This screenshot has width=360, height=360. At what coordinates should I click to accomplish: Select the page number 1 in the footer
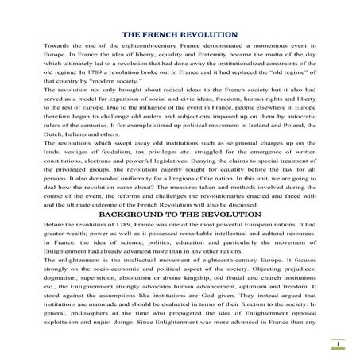click(x=338, y=343)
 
